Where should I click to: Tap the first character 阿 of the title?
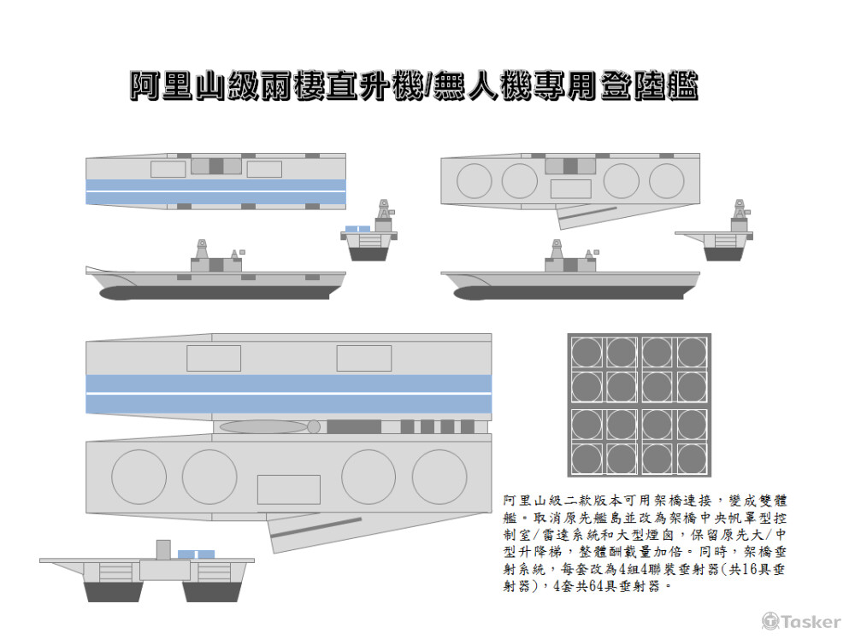click(x=145, y=85)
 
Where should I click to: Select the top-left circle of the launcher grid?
click(x=587, y=351)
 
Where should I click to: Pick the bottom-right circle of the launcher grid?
click(x=693, y=460)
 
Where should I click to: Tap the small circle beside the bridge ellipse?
click(x=314, y=426)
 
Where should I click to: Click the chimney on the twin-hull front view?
click(x=163, y=549)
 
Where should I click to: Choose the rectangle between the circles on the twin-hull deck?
click(x=288, y=489)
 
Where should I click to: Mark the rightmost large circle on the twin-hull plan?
click(x=439, y=476)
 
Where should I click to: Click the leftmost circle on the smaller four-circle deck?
click(x=475, y=180)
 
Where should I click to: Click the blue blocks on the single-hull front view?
click(x=357, y=228)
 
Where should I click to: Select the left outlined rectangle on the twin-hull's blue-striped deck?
click(x=214, y=358)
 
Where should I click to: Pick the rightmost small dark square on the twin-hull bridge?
click(x=467, y=426)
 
